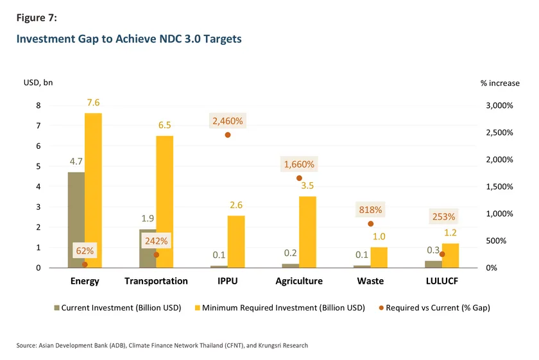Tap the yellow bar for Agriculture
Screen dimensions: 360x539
pos(307,232)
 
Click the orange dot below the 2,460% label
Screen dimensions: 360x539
pos(227,135)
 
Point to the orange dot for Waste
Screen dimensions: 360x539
pos(370,223)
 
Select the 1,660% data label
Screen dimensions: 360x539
pos(299,164)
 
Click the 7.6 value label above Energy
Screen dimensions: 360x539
pos(93,103)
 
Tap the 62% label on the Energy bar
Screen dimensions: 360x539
pos(85,251)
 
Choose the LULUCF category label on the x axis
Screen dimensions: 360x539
pos(442,281)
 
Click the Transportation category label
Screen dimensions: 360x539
pos(156,281)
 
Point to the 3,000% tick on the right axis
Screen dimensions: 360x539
pos(497,106)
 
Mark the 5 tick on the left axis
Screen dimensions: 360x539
pos(38,166)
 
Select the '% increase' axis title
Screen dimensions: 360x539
pos(500,83)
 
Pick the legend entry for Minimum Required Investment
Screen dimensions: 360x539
pos(283,308)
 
